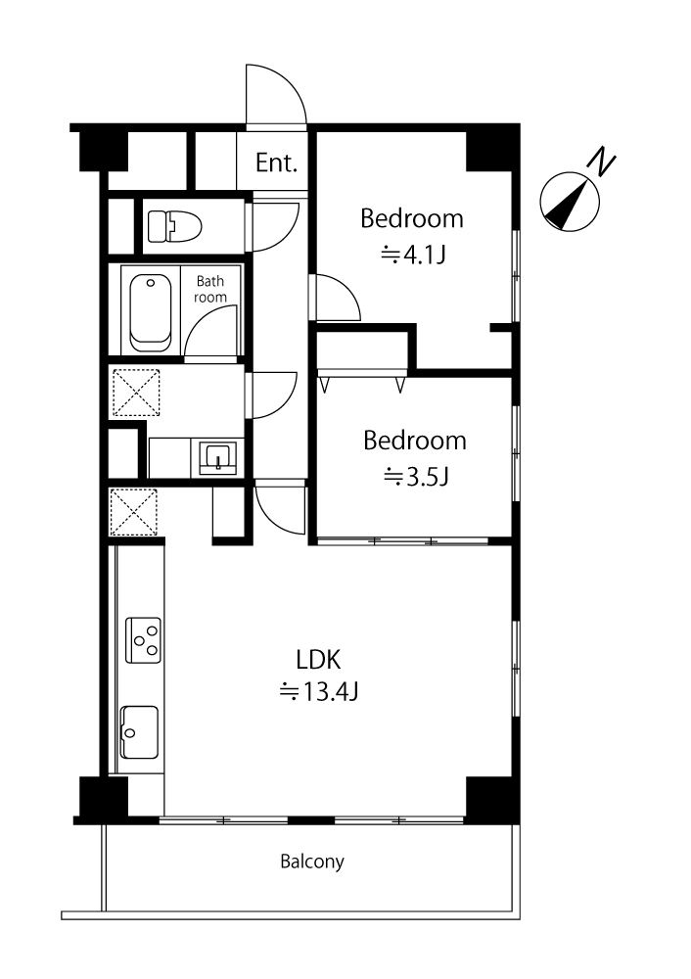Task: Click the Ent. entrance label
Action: point(277,163)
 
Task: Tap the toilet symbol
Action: point(175,226)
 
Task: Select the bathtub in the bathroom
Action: point(151,312)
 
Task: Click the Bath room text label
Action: point(209,289)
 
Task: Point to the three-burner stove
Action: point(143,640)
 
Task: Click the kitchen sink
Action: point(139,731)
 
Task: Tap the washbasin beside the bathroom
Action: point(218,457)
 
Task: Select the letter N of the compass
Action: point(602,162)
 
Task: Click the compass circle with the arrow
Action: point(570,202)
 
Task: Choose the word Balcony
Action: point(312,862)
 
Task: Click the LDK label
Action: point(318,659)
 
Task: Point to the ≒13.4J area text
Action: point(318,692)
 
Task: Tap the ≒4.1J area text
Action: point(413,255)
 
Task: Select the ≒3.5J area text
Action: point(416,477)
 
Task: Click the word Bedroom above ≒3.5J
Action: point(414,441)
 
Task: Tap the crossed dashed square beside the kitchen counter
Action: point(133,512)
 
